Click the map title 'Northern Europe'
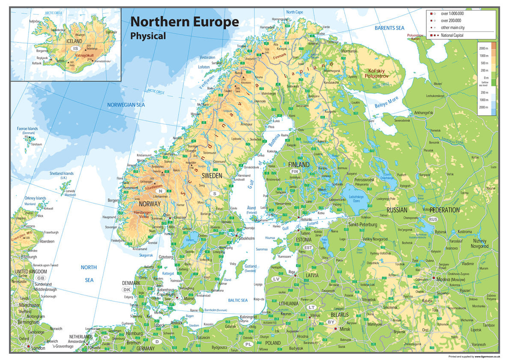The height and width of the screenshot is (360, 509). click(x=184, y=22)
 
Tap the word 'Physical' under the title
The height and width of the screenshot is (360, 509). click(x=148, y=36)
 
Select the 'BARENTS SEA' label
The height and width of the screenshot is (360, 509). click(x=389, y=28)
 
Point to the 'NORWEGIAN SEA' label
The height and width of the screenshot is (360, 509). click(x=126, y=105)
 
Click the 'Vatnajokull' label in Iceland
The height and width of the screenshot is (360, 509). click(x=84, y=56)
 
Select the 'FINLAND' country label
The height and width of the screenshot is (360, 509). click(x=299, y=165)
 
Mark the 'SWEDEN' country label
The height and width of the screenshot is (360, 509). click(x=212, y=176)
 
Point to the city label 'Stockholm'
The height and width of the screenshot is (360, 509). click(x=246, y=238)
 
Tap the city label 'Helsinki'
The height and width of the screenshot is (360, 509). click(x=306, y=219)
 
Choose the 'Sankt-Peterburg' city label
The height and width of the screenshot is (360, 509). click(x=362, y=225)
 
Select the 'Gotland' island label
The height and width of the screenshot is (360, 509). click(x=250, y=266)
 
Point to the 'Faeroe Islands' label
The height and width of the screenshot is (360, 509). click(x=27, y=129)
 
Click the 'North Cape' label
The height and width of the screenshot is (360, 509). click(x=294, y=12)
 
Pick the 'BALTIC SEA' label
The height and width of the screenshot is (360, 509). click(x=238, y=300)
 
